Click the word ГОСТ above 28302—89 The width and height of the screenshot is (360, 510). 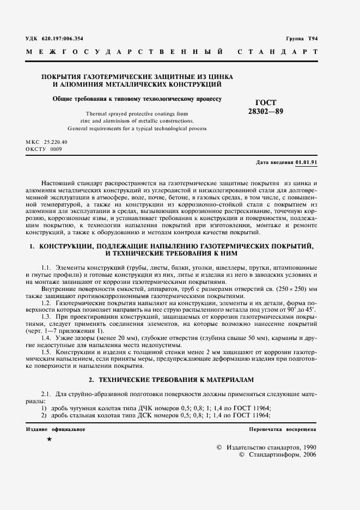point(266,102)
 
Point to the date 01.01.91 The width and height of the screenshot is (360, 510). point(307,162)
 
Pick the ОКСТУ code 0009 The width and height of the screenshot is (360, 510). point(57,148)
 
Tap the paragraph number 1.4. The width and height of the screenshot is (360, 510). point(46,337)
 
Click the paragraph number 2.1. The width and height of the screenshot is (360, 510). point(46,393)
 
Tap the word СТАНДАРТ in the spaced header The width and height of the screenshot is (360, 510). point(278,52)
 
